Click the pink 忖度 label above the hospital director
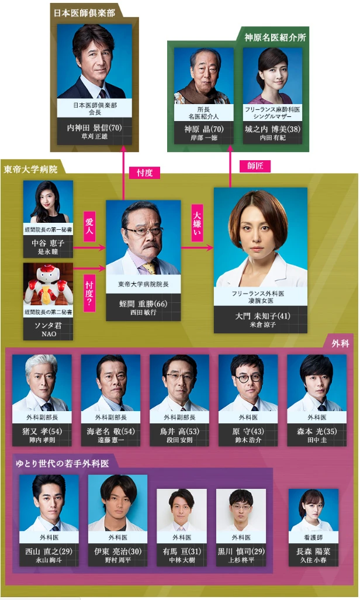144,173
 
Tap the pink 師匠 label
255,165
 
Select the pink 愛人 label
89,227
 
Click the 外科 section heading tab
340,343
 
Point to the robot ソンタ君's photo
49,284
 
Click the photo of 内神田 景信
95,61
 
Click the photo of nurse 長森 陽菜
313,511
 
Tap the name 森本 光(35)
316,432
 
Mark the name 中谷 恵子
49,243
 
